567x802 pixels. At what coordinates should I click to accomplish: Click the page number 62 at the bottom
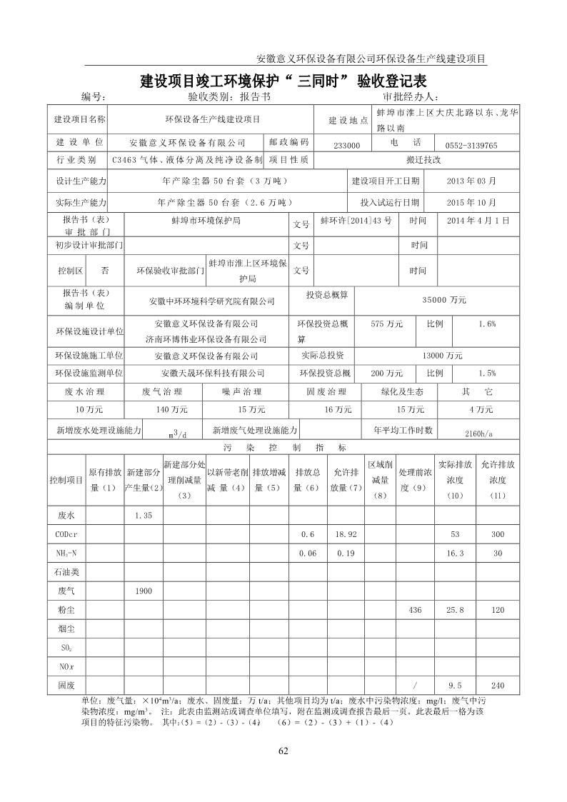point(283,751)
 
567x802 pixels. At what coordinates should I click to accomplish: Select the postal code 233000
point(347,145)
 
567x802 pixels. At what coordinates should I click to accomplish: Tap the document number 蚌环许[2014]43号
point(356,221)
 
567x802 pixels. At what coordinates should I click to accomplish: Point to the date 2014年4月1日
point(478,221)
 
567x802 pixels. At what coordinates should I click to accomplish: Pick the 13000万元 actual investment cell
point(442,355)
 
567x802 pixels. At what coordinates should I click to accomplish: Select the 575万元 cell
point(387,324)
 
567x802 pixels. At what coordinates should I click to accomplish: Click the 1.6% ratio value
point(487,324)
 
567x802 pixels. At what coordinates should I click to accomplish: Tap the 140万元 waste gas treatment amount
point(171,409)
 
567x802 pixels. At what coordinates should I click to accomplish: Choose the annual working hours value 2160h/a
point(478,433)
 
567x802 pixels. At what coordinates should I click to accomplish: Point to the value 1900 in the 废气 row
point(144,590)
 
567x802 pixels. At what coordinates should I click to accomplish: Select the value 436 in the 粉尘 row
point(415,610)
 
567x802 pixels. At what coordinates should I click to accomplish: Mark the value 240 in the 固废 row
point(498,686)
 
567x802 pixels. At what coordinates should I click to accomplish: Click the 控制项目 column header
point(66,479)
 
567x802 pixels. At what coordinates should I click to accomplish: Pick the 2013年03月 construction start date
point(471,181)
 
